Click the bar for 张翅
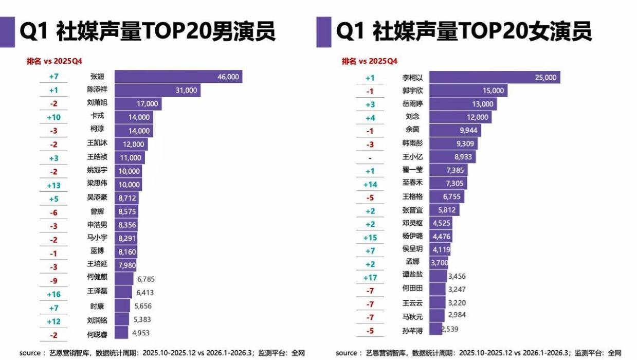pos(178,77)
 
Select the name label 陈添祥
pos(97,89)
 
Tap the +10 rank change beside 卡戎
pos(53,117)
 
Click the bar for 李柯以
pos(494,78)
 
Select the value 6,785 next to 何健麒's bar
pos(146,279)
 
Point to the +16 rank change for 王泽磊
pos(53,295)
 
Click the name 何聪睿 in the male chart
pos(97,334)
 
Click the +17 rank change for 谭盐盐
pos(370,278)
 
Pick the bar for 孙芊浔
pos(435,329)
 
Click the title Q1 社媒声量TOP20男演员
pos(147,31)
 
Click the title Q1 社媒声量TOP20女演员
pos(464,31)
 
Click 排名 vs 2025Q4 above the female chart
pos(370,62)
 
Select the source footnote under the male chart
pos(162,353)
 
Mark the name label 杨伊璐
pos(412,237)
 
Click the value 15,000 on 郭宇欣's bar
pos(493,91)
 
